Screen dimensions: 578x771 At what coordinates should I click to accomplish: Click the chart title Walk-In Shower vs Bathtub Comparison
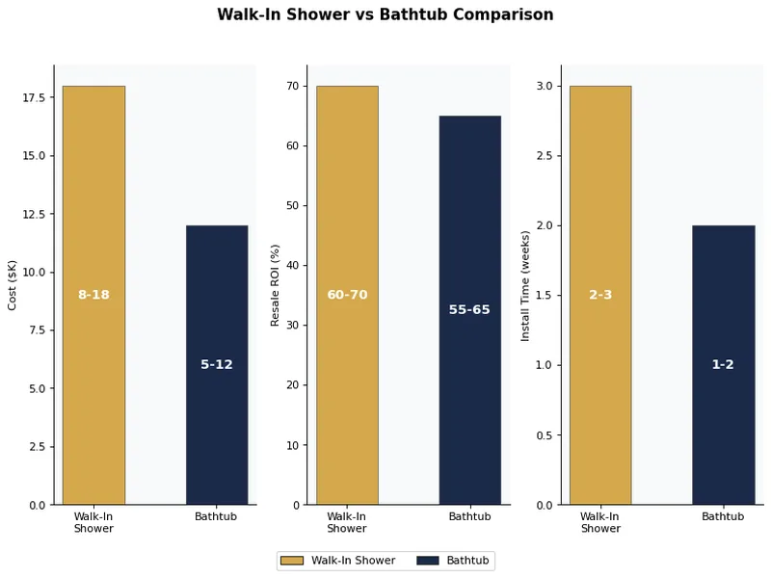385,15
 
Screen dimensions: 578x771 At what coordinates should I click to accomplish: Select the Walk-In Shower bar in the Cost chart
93,193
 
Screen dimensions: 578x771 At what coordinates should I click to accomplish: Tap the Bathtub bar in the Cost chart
217,289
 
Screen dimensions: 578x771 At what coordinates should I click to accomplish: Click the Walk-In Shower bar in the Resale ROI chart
347,193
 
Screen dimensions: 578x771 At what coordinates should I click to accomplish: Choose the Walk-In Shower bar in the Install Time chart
600,193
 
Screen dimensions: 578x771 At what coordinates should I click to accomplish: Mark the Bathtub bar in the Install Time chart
723,289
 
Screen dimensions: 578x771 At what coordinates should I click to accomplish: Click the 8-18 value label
93,295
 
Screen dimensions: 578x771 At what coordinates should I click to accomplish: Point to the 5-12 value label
217,365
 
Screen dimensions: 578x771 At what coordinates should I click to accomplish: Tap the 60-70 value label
347,295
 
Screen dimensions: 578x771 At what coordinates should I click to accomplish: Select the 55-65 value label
469,310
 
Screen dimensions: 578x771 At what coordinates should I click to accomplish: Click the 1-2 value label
723,365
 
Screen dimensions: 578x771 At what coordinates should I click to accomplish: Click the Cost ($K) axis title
13,285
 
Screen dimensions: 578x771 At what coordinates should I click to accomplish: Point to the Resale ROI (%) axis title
275,285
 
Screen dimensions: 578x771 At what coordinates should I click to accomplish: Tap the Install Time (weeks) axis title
525,285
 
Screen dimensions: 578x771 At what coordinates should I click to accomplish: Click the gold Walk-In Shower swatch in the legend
291,561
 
